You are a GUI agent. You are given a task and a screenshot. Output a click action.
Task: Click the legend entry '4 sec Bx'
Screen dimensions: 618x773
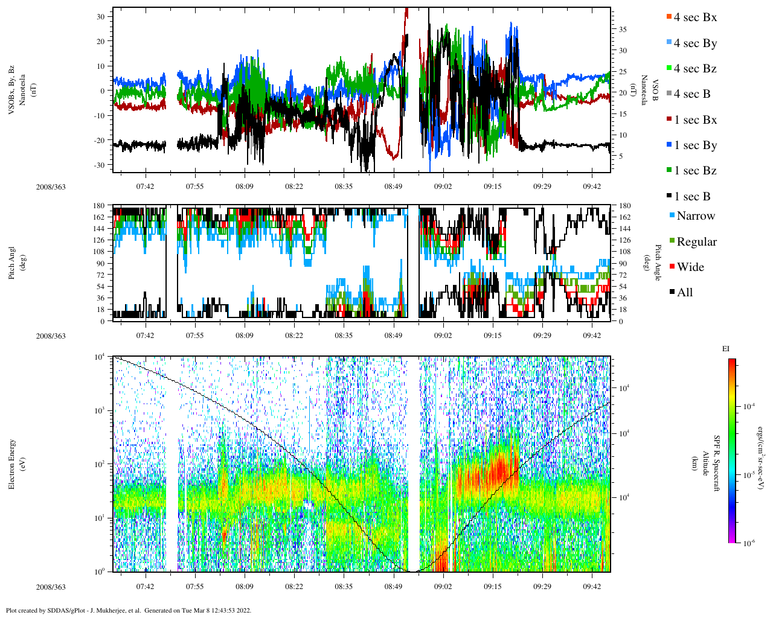click(x=695, y=18)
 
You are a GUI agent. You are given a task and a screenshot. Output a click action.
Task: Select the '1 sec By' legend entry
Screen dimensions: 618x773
click(x=695, y=145)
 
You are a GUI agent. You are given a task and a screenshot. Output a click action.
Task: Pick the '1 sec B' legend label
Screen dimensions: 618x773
click(x=692, y=197)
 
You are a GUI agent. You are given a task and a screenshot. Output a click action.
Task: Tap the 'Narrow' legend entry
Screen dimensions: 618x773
click(x=696, y=216)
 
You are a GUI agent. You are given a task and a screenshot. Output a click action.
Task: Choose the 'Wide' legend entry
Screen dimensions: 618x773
click(x=691, y=267)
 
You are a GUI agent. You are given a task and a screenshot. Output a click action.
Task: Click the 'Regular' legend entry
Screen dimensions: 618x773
click(x=696, y=242)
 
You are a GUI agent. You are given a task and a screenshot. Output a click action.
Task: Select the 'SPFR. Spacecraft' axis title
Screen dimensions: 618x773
click(x=717, y=463)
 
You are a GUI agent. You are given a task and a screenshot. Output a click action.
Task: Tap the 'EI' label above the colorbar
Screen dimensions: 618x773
click(x=726, y=349)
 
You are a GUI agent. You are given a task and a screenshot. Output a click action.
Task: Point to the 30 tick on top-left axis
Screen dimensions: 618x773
click(x=101, y=16)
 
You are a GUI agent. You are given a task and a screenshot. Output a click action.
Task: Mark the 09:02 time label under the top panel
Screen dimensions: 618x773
click(x=443, y=186)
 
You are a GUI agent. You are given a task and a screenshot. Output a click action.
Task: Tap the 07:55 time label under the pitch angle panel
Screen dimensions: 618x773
click(x=194, y=336)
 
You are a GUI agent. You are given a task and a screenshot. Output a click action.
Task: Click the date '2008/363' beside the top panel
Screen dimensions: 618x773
click(x=51, y=187)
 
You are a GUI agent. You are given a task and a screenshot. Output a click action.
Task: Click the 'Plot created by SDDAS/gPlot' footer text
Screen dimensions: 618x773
click(x=128, y=610)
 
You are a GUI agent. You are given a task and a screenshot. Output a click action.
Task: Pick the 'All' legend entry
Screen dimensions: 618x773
click(x=684, y=293)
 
